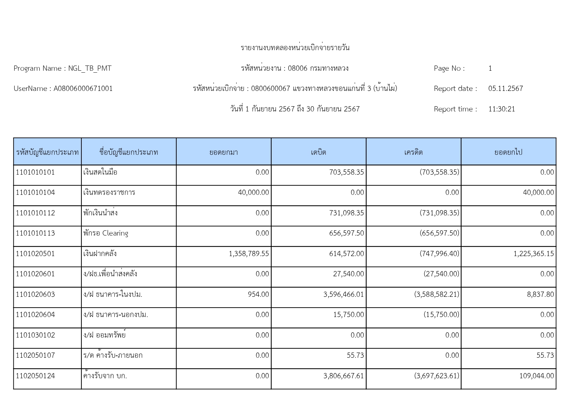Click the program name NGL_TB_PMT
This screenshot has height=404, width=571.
pyautogui.click(x=89, y=68)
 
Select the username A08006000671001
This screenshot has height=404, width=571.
pyautogui.click(x=83, y=89)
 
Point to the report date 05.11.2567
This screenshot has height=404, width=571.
pyautogui.click(x=505, y=89)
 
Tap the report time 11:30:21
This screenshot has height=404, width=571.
pyautogui.click(x=501, y=109)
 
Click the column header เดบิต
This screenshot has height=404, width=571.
pyautogui.click(x=319, y=152)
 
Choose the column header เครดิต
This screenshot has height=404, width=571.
pyautogui.click(x=413, y=152)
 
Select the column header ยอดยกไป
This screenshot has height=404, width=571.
pyautogui.click(x=508, y=152)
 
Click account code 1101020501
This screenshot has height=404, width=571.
pyautogui.click(x=35, y=254)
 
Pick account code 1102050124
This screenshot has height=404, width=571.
pyautogui.click(x=35, y=376)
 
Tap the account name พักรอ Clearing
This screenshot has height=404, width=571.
pyautogui.click(x=106, y=233)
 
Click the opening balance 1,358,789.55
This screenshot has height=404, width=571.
pyautogui.click(x=249, y=254)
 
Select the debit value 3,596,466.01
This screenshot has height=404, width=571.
pyautogui.click(x=344, y=295)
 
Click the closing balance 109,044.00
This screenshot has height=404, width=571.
pyautogui.click(x=537, y=376)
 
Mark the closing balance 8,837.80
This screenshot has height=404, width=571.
pyautogui.click(x=540, y=295)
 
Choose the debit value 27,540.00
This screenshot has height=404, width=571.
pyautogui.click(x=348, y=274)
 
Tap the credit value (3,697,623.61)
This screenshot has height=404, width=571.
pyautogui.click(x=437, y=376)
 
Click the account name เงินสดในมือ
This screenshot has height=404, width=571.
pyautogui.click(x=100, y=172)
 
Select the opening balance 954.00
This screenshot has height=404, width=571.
pyautogui.click(x=258, y=295)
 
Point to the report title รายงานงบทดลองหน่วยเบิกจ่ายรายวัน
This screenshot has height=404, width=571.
pyautogui.click(x=295, y=48)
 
